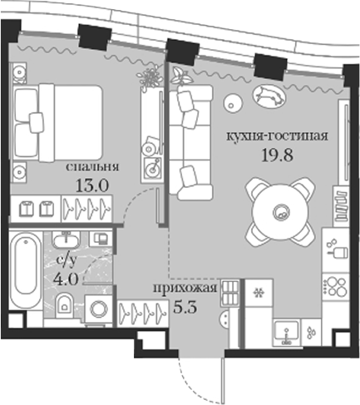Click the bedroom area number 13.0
[x=91, y=185]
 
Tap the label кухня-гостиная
[x=277, y=136]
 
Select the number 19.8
[x=277, y=156]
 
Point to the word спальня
[x=92, y=167]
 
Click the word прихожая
[x=185, y=289]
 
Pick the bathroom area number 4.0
[x=66, y=279]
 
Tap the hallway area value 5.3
[x=185, y=307]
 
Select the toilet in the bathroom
[x=64, y=306]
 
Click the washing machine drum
[x=98, y=309]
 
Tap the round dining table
[x=280, y=212]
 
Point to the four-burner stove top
[x=335, y=287]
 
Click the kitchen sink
[x=286, y=333]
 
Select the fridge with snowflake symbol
[x=259, y=293]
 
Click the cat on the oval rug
[x=269, y=96]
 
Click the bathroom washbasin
[x=66, y=240]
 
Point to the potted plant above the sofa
[x=181, y=76]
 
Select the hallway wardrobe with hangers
[x=143, y=313]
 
